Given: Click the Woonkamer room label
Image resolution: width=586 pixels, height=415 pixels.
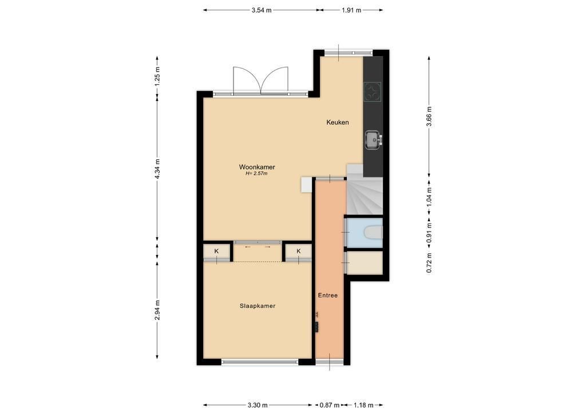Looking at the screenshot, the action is (x=257, y=167).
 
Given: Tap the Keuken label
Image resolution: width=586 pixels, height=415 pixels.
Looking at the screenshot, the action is (x=338, y=122).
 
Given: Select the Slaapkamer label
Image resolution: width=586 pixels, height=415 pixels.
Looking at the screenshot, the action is (x=258, y=306).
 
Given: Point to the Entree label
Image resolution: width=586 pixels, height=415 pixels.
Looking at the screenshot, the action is (x=328, y=295).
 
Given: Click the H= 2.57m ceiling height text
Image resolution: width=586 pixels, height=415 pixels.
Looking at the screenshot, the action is (x=256, y=174).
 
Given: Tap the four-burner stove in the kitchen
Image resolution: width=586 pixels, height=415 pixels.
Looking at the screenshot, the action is (x=373, y=92).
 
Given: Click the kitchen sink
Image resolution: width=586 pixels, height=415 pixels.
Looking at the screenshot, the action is (x=374, y=139).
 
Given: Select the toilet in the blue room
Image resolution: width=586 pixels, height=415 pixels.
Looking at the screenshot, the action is (x=373, y=232).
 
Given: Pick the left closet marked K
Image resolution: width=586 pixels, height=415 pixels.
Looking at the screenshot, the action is (x=217, y=252).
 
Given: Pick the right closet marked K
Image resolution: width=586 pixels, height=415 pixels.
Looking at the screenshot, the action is (x=298, y=252).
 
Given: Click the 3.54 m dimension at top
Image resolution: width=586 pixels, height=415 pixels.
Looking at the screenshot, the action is (x=262, y=10).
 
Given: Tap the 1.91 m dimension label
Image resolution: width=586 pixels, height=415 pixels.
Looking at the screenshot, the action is (x=351, y=10).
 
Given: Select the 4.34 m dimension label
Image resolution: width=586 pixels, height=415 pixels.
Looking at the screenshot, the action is (x=157, y=169).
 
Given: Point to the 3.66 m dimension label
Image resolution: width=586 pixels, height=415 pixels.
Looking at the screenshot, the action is (x=429, y=116).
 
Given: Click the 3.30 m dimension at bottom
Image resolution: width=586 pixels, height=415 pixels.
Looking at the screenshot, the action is (x=258, y=405).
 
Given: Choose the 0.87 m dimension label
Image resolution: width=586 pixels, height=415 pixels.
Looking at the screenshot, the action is (x=329, y=405).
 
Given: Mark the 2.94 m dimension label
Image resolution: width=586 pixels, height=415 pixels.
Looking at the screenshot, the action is (x=157, y=310).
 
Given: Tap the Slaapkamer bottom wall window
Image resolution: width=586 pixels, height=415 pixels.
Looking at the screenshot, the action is (x=260, y=362).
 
